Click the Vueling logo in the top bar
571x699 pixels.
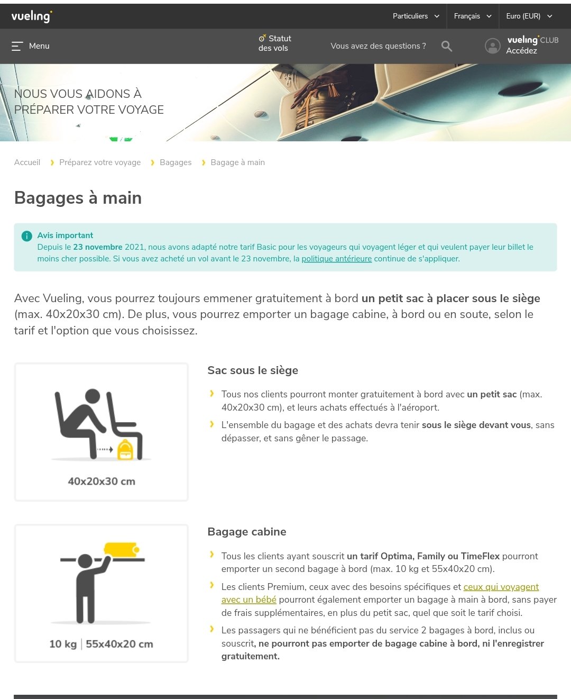coord(32,16)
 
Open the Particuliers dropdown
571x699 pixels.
coord(416,16)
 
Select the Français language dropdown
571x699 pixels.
coord(473,16)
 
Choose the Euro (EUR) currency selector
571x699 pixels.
coord(529,16)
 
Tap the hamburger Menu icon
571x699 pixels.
coord(17,46)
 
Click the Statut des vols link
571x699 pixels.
coord(274,43)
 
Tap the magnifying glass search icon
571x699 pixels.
coord(446,46)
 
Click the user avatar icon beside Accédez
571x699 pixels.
coord(493,46)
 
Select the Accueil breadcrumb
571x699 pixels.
coord(27,162)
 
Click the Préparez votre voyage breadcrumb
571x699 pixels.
coord(100,162)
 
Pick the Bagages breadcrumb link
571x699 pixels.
coord(176,162)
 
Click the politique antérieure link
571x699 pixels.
coord(336,259)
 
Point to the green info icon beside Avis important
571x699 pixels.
coord(27,236)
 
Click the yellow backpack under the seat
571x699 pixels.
coord(125,450)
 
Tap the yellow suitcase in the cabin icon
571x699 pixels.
coord(122,549)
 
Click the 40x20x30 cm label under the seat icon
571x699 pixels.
coord(102,481)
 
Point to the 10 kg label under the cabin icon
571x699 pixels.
coord(63,644)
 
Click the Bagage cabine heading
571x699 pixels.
coord(247,532)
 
